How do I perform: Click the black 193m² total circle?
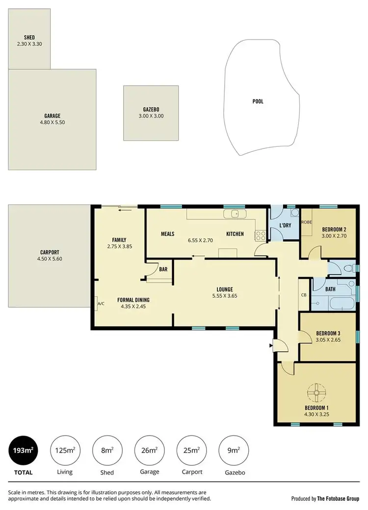[23, 450]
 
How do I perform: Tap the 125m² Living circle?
[65, 450]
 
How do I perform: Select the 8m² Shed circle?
[107, 450]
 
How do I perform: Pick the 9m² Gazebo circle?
[234, 450]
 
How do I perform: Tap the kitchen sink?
[235, 214]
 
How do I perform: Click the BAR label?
[163, 269]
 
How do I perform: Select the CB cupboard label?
[304, 295]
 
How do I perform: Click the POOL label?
[258, 102]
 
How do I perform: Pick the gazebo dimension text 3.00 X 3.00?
[151, 116]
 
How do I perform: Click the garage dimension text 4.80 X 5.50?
[52, 122]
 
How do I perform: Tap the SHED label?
[29, 37]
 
